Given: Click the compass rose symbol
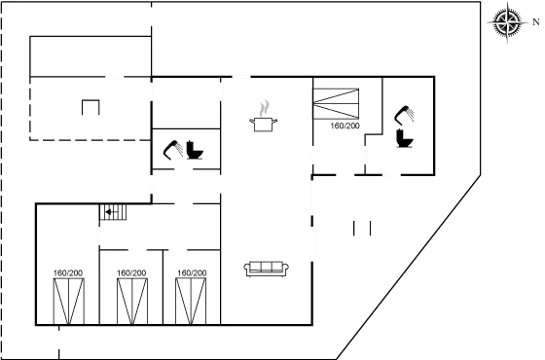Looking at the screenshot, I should click(x=506, y=21).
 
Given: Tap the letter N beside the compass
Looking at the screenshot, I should click(x=533, y=21).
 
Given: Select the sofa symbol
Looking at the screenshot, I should click(x=265, y=268).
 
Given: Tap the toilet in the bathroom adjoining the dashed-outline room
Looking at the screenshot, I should click(x=195, y=152).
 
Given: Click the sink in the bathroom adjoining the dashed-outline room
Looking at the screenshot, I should click(x=173, y=150).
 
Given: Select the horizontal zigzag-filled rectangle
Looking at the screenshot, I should click(x=337, y=102).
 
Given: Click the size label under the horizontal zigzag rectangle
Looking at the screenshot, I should click(x=345, y=127).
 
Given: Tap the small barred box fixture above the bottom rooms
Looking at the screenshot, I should click(x=112, y=211).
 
